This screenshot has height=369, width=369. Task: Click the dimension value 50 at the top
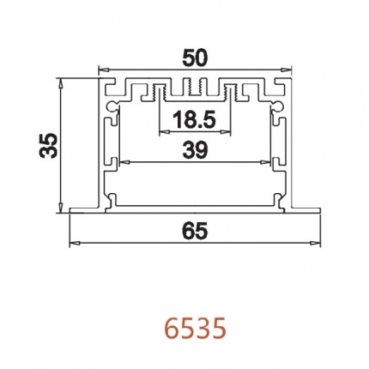(196, 58)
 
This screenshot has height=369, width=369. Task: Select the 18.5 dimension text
(196, 119)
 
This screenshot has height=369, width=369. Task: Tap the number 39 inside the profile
(196, 150)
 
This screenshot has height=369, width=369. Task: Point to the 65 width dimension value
(196, 230)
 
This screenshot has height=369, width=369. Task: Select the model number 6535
(196, 328)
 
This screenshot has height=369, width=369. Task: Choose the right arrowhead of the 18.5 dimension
(230, 133)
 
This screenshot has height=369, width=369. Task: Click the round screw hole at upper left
(112, 103)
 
